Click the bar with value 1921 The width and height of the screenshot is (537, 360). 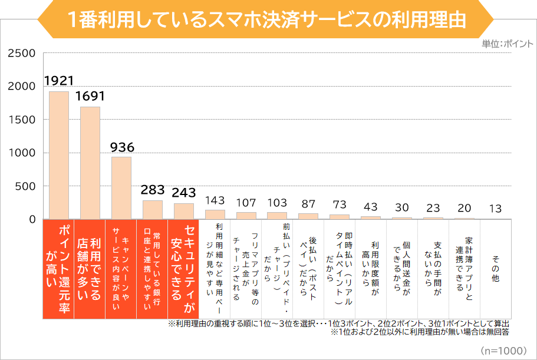coord(58,156)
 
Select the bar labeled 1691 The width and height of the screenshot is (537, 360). coord(90,163)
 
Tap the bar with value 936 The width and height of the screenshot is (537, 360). coord(121,188)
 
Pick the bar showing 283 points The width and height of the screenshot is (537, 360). coord(152,210)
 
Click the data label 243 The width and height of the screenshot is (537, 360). coord(183,193)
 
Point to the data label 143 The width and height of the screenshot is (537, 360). coord(215,200)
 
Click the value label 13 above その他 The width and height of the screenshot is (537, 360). coord(496,209)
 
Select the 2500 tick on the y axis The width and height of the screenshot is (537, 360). coord(22,54)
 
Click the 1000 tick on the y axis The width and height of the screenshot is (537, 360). coord(22,153)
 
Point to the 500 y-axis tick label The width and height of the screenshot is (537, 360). coord(25,187)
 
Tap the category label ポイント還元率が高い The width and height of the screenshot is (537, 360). coord(58,269)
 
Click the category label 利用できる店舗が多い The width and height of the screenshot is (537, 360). coord(90,269)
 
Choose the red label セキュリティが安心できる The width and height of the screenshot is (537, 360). coord(183,269)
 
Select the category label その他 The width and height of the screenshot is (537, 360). coord(496,269)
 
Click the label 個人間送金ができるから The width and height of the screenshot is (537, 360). coord(402,269)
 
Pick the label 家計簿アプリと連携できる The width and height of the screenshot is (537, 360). coord(464,269)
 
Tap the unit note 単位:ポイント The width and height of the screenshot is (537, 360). coord(506,44)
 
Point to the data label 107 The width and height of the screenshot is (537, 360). coord(246,203)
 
